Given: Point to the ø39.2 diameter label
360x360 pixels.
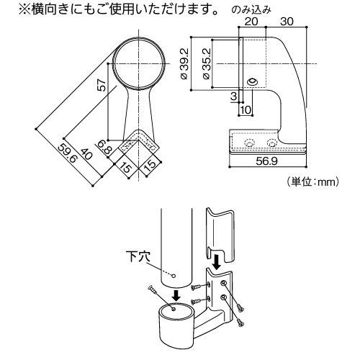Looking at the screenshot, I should (x=184, y=65).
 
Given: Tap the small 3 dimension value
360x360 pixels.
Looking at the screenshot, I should (x=233, y=95).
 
